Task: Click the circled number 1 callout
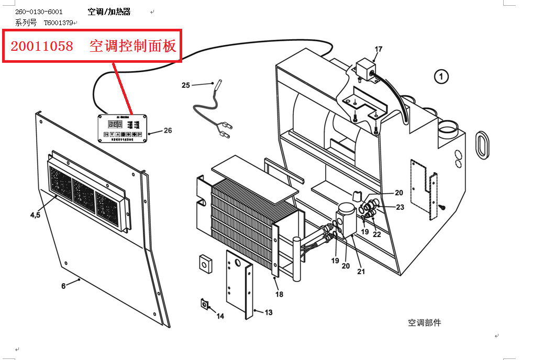click(441, 77)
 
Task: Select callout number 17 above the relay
click(378, 50)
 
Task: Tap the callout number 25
click(186, 85)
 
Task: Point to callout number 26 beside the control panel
click(168, 131)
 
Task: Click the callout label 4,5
click(35, 215)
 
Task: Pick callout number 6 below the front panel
click(64, 286)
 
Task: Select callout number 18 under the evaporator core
click(279, 294)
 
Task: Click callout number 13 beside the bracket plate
click(268, 312)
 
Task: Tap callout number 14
click(220, 316)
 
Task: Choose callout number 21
click(361, 271)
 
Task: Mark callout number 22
click(376, 234)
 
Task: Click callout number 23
click(400, 207)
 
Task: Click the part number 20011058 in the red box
click(42, 46)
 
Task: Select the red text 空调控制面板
click(133, 46)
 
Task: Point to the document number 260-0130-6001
click(39, 12)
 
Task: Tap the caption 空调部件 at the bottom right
click(424, 323)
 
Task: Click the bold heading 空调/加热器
click(109, 12)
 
